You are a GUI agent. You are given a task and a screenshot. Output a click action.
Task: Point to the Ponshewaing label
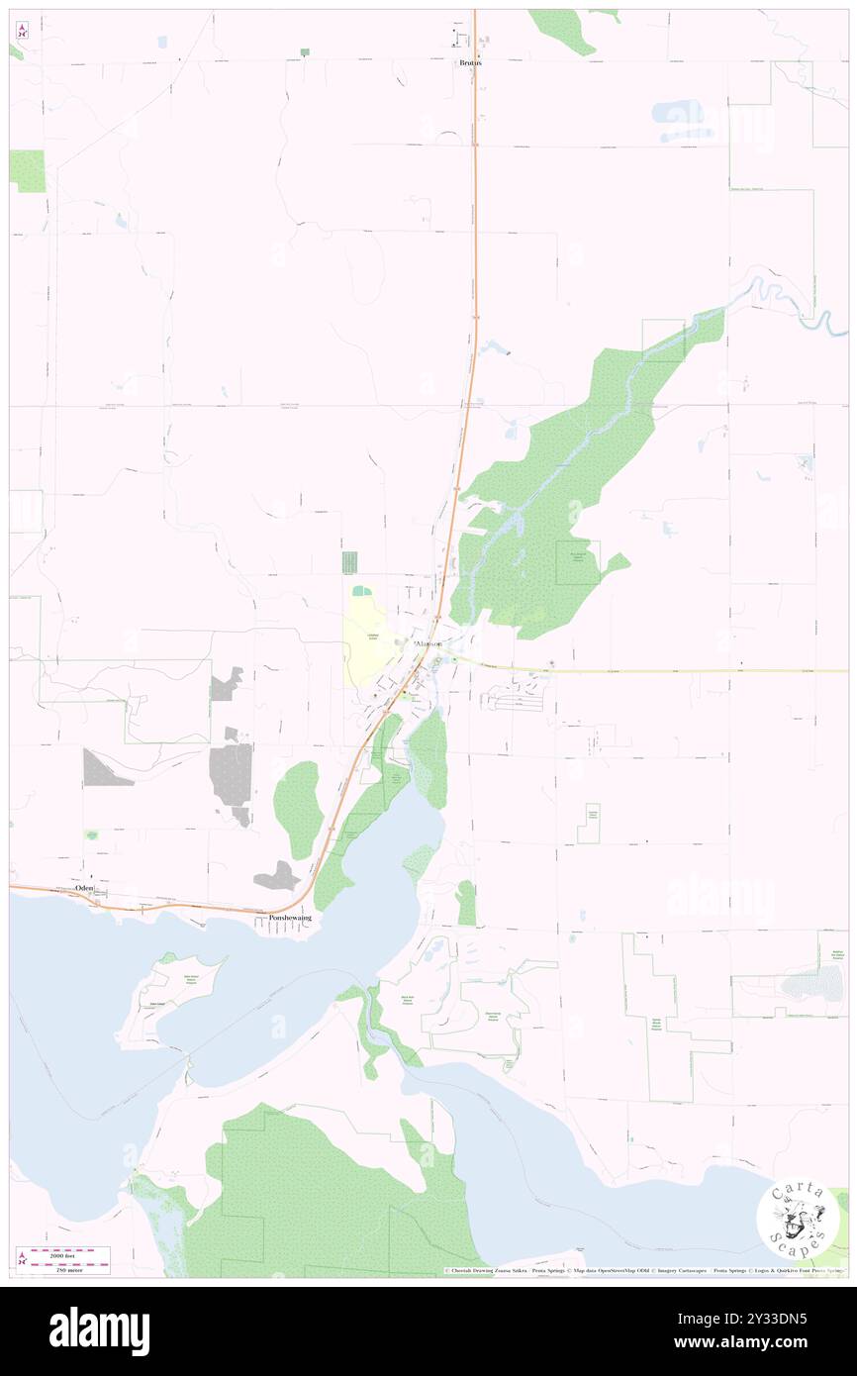[x=290, y=918]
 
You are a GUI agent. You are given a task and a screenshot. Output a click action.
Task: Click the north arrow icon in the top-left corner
[x=22, y=30]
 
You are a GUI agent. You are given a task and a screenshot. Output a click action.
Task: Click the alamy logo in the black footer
[x=100, y=1330]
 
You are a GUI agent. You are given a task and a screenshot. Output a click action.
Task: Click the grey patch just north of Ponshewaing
[x=277, y=876]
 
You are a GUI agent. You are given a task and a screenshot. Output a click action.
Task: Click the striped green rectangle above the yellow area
[x=348, y=562]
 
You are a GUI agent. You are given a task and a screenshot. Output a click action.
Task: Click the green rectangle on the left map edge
[x=28, y=171]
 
